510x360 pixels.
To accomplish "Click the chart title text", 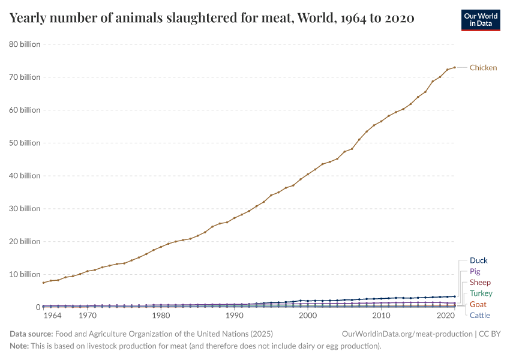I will (x=212, y=18).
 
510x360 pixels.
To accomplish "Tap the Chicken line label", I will (x=483, y=68).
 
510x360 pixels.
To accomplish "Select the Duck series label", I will (x=479, y=260).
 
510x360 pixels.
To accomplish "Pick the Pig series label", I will (x=475, y=271).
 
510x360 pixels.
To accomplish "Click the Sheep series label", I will (x=480, y=282).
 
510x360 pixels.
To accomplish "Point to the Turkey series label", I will (x=481, y=293).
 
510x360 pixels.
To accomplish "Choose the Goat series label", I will (x=478, y=304).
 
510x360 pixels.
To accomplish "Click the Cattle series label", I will (x=479, y=315).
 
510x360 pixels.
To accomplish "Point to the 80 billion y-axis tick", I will (x=25, y=44).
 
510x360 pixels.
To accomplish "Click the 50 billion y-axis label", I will (x=25, y=143).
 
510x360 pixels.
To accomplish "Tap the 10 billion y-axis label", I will (x=25, y=274).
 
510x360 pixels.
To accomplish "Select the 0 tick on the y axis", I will (x=37, y=307).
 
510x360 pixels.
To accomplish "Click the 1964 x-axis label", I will (x=52, y=315).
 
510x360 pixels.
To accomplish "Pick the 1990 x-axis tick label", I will (x=234, y=315).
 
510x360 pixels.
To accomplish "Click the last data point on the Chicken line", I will (x=454, y=67).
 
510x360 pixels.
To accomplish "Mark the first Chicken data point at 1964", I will (x=43, y=283).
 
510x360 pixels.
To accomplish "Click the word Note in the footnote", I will (x=19, y=346).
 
